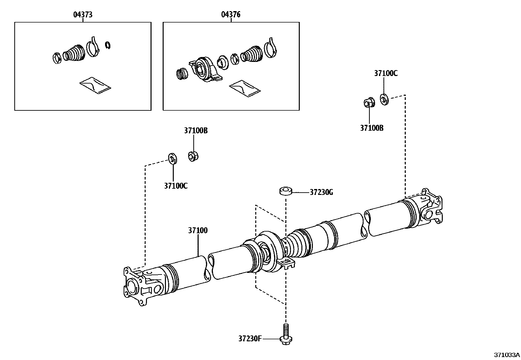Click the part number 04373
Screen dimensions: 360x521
(x=82, y=14)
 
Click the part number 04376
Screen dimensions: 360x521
(x=231, y=14)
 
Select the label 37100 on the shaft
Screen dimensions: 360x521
(x=198, y=230)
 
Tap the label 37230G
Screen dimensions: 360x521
(x=321, y=192)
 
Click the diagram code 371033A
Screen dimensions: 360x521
(x=507, y=355)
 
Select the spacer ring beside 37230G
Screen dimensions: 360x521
(x=286, y=191)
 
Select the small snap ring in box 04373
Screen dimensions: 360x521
(x=108, y=46)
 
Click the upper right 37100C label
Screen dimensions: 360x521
(x=386, y=73)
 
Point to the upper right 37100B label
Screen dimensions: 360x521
(x=372, y=128)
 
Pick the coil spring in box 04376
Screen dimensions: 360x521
(x=182, y=74)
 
